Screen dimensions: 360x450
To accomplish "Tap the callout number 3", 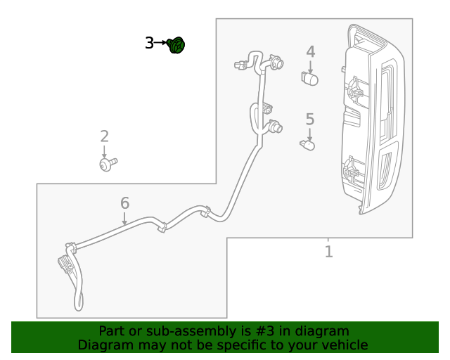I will tap(149, 44).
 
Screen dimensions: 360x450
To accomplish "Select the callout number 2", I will tap(104, 136).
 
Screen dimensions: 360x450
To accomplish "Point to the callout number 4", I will tap(310, 52).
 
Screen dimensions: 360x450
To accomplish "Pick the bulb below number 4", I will tap(309, 77).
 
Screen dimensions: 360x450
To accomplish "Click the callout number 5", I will tap(309, 120).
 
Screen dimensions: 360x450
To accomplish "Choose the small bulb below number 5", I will tap(307, 145).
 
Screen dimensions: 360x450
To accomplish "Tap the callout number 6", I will tap(124, 203).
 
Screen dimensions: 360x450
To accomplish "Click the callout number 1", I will tap(328, 251).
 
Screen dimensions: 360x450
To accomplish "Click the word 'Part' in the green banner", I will tap(113, 331).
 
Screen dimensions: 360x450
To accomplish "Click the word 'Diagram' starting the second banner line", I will tap(104, 345).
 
